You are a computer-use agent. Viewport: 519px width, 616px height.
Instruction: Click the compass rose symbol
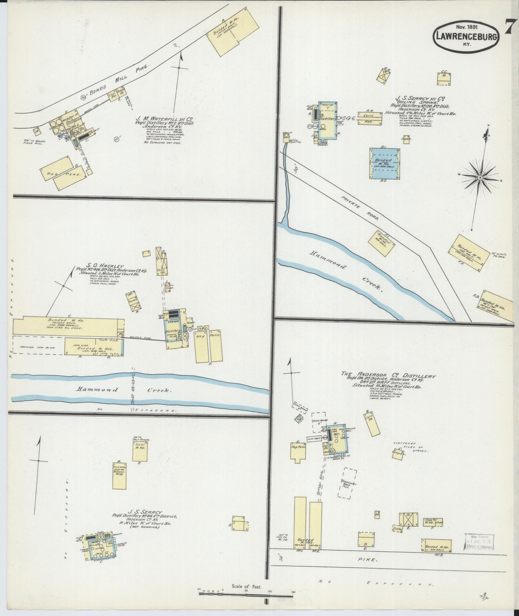coord(480,178)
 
